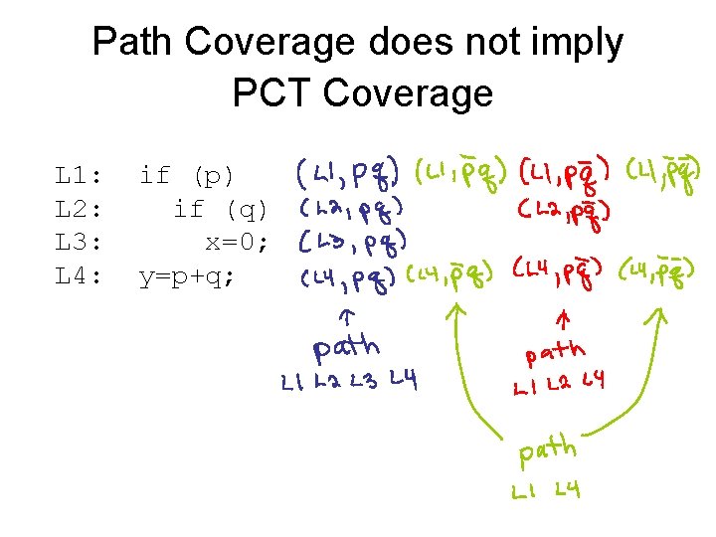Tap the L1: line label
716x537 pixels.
[79, 177]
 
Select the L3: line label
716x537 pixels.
[79, 243]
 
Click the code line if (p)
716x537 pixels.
[187, 177]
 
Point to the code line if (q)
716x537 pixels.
[221, 210]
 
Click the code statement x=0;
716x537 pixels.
[237, 243]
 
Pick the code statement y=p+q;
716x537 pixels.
[188, 276]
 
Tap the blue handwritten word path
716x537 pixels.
[347, 348]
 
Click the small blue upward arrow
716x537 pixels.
[345, 317]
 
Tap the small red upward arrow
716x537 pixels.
[563, 320]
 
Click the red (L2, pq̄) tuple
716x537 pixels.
[564, 212]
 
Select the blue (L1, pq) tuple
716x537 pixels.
[347, 176]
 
